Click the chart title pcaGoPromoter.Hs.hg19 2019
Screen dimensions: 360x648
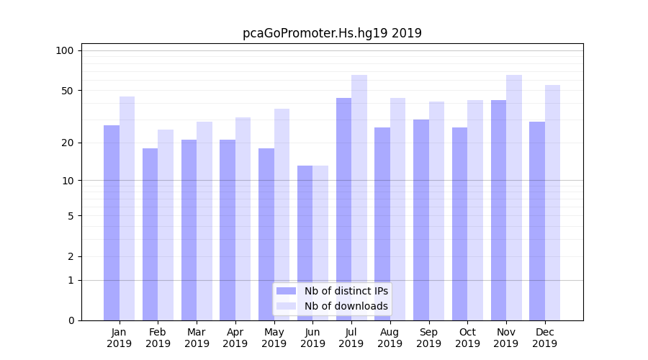tap(332, 33)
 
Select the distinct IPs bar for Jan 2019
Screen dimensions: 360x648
tap(112, 223)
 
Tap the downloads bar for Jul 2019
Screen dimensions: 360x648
tap(359, 198)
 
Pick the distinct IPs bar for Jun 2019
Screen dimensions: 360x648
tap(305, 243)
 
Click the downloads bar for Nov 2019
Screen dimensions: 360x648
tap(514, 198)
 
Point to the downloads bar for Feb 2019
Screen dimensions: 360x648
tap(166, 225)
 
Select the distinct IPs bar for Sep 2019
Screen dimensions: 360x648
tap(421, 220)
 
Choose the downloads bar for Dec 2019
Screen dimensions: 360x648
tap(553, 203)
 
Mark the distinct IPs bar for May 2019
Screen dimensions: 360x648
tap(266, 234)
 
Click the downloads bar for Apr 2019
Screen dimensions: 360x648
tap(243, 219)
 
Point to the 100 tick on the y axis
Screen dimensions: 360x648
tap(65, 50)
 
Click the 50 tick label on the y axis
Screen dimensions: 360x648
tap(67, 91)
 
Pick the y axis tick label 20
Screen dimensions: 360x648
tap(67, 143)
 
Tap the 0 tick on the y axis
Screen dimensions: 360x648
tap(70, 320)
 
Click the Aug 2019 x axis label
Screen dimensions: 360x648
tap(390, 338)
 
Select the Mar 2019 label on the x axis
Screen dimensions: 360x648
tap(197, 338)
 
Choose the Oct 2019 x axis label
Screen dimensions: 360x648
tap(467, 338)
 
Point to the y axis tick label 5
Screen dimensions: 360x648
tap(70, 215)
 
